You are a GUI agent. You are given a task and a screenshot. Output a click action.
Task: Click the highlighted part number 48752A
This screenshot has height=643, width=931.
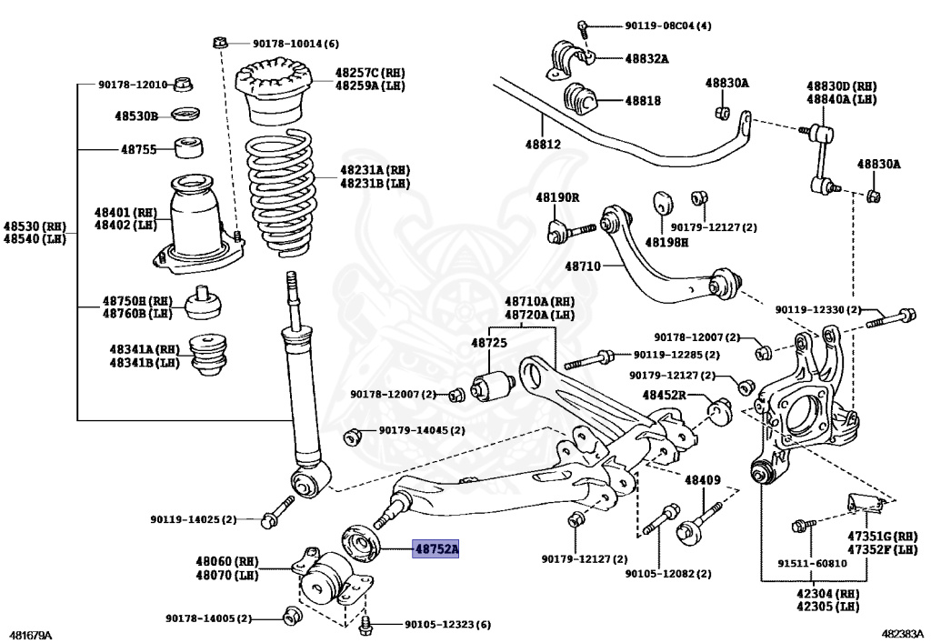point(436,549)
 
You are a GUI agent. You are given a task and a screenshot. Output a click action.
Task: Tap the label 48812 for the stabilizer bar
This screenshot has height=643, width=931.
point(543,145)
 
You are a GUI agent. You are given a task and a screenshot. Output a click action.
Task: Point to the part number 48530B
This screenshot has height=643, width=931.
point(136,116)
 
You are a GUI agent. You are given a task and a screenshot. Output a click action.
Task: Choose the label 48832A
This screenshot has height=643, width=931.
point(646,59)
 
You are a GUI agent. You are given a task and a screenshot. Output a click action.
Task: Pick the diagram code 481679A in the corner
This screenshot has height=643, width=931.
point(31,634)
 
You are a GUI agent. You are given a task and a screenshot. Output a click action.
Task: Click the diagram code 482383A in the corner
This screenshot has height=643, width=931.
point(903,634)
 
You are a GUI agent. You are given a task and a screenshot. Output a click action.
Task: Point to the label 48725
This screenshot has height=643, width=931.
point(488,343)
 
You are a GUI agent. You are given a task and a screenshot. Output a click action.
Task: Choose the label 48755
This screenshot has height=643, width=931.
point(139,149)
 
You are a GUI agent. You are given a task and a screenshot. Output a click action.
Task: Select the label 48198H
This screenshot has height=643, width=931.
point(667,243)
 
